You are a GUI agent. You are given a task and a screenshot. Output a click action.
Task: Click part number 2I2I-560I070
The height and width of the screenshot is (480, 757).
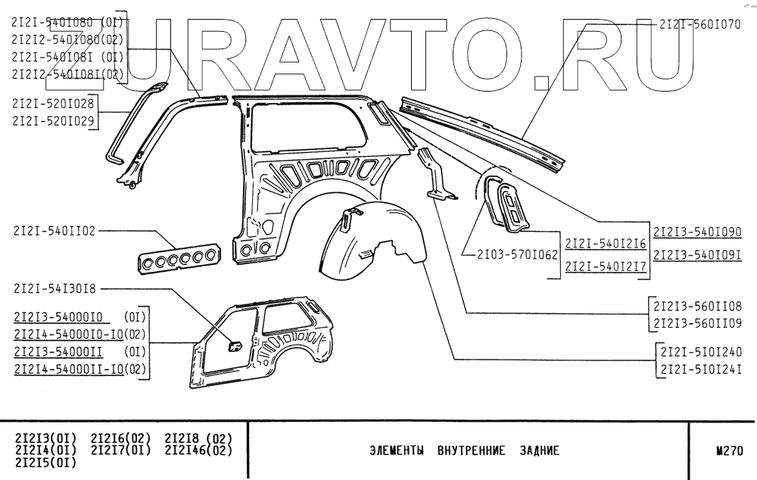click(x=699, y=24)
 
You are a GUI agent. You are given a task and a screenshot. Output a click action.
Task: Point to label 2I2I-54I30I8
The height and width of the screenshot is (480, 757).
click(x=55, y=288)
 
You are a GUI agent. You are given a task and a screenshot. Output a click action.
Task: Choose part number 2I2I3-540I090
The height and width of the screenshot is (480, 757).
click(x=696, y=232)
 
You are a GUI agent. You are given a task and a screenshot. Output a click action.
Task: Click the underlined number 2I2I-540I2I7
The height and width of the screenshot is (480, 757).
click(x=606, y=266)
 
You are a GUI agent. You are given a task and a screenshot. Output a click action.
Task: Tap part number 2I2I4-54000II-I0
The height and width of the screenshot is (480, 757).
click(x=68, y=370)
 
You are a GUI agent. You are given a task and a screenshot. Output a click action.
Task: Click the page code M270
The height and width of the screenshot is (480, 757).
click(x=730, y=450)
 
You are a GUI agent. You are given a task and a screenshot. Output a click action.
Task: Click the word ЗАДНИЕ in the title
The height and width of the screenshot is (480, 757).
click(x=539, y=450)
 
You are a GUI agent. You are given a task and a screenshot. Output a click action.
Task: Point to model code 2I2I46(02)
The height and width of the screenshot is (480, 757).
click(x=198, y=450)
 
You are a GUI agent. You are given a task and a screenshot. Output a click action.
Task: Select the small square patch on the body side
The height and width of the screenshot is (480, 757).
click(x=235, y=347)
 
